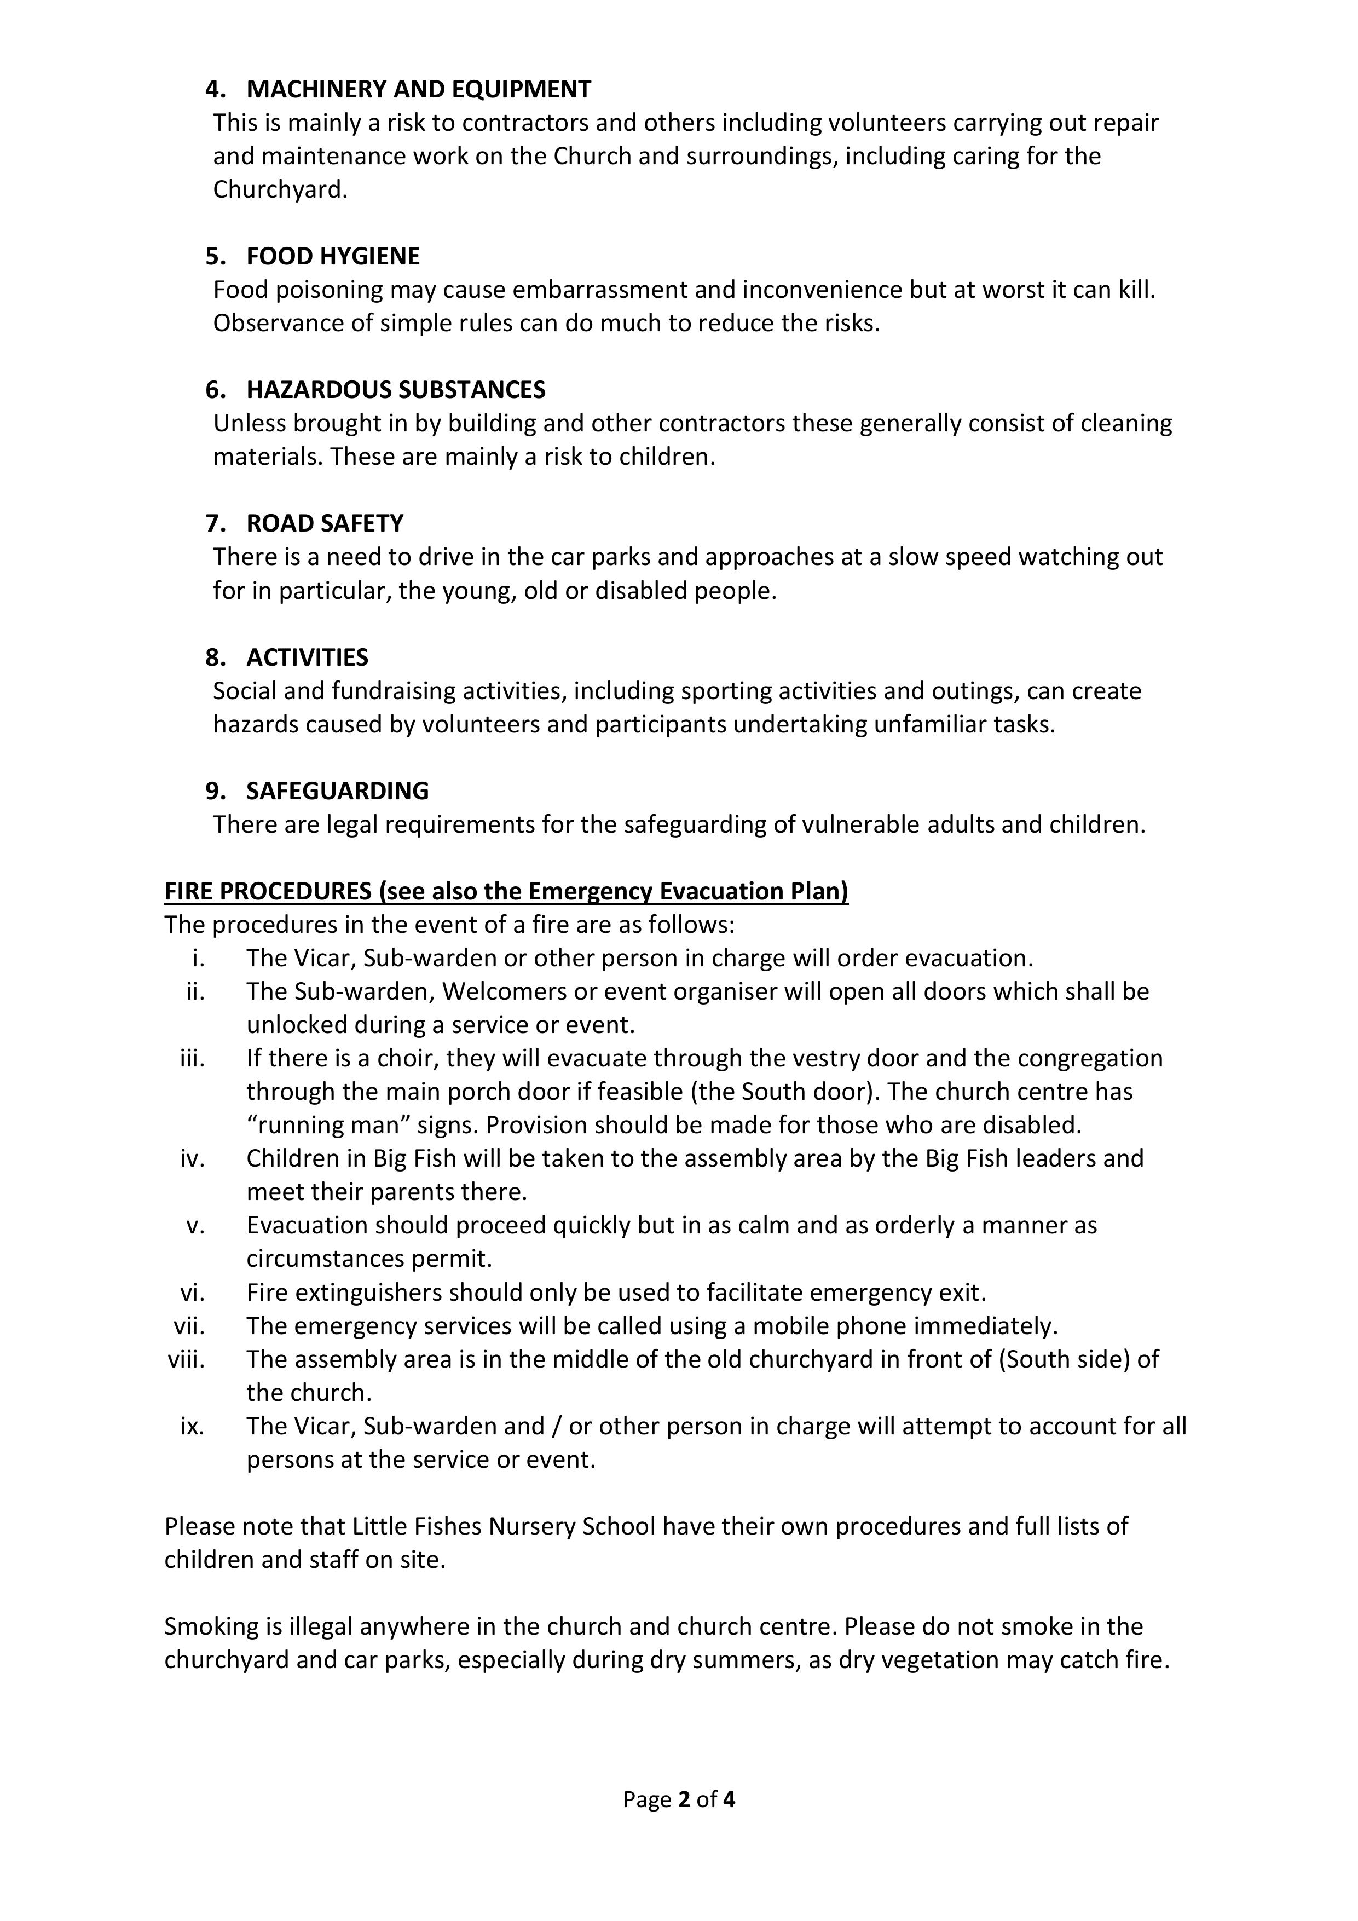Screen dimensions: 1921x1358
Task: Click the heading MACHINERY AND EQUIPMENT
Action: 418,90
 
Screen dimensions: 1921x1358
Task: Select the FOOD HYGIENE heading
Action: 333,256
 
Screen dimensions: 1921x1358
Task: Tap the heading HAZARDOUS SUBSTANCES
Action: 396,390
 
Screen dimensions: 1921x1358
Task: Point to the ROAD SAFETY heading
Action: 325,524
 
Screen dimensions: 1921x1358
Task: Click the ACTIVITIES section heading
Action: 307,657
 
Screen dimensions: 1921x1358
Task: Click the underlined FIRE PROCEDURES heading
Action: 506,892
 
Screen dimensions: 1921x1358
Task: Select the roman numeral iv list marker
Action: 193,1159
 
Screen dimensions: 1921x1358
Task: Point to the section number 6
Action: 215,390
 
